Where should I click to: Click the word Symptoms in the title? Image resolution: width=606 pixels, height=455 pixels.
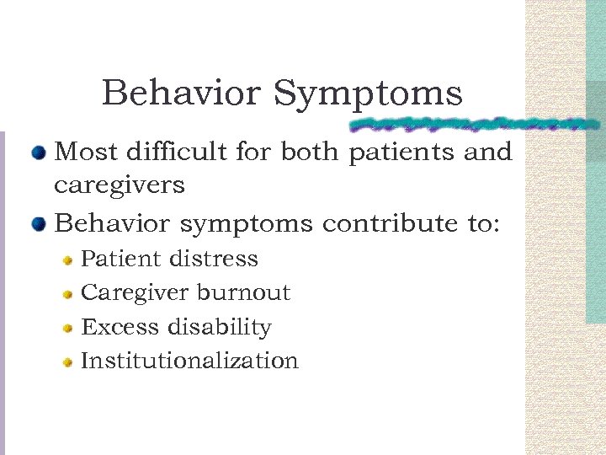(367, 94)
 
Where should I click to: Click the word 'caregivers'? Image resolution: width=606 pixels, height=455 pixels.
(119, 185)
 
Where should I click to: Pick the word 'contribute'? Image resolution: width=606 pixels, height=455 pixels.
(380, 225)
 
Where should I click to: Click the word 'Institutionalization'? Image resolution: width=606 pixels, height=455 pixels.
(189, 361)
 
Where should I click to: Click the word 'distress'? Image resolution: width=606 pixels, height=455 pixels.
(216, 259)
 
